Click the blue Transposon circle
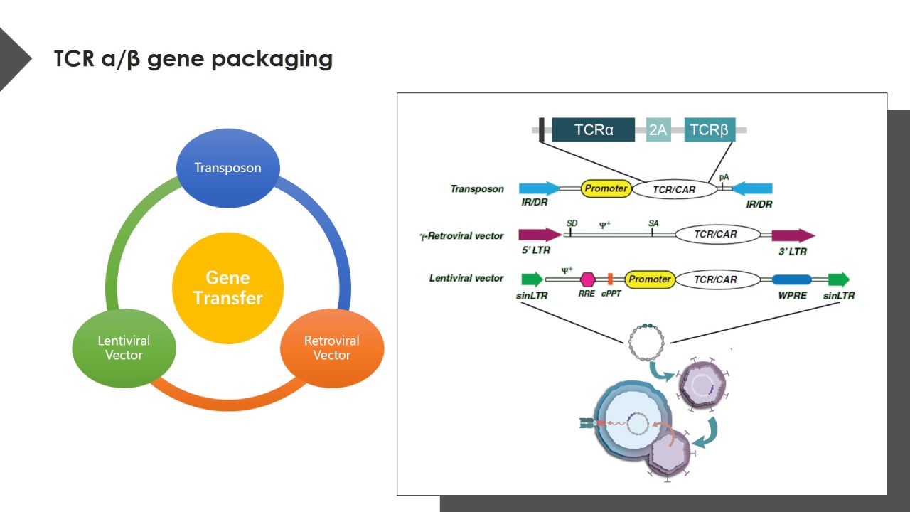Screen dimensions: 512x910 [x=228, y=168]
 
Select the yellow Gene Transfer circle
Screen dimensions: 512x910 [x=228, y=288]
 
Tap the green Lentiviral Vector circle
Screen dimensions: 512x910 [x=124, y=348]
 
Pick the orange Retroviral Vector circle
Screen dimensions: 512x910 [x=332, y=348]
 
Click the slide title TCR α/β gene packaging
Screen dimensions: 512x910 [x=193, y=58]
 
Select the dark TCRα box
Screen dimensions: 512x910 [x=593, y=130]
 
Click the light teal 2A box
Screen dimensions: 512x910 [x=658, y=130]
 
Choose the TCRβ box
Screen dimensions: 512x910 [x=710, y=130]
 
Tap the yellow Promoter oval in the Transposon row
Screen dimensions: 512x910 [x=606, y=188]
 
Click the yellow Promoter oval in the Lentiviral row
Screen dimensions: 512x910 [x=650, y=279]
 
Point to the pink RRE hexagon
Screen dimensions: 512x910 [x=587, y=279]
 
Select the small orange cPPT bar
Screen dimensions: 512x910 [x=610, y=279]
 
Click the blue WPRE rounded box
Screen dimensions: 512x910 [x=792, y=279]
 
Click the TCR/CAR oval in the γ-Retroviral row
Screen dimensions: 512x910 [x=716, y=234]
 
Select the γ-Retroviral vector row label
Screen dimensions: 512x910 [x=461, y=235]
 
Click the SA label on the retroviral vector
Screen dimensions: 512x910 [x=653, y=223]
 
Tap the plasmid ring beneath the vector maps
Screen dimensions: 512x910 [x=646, y=342]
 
